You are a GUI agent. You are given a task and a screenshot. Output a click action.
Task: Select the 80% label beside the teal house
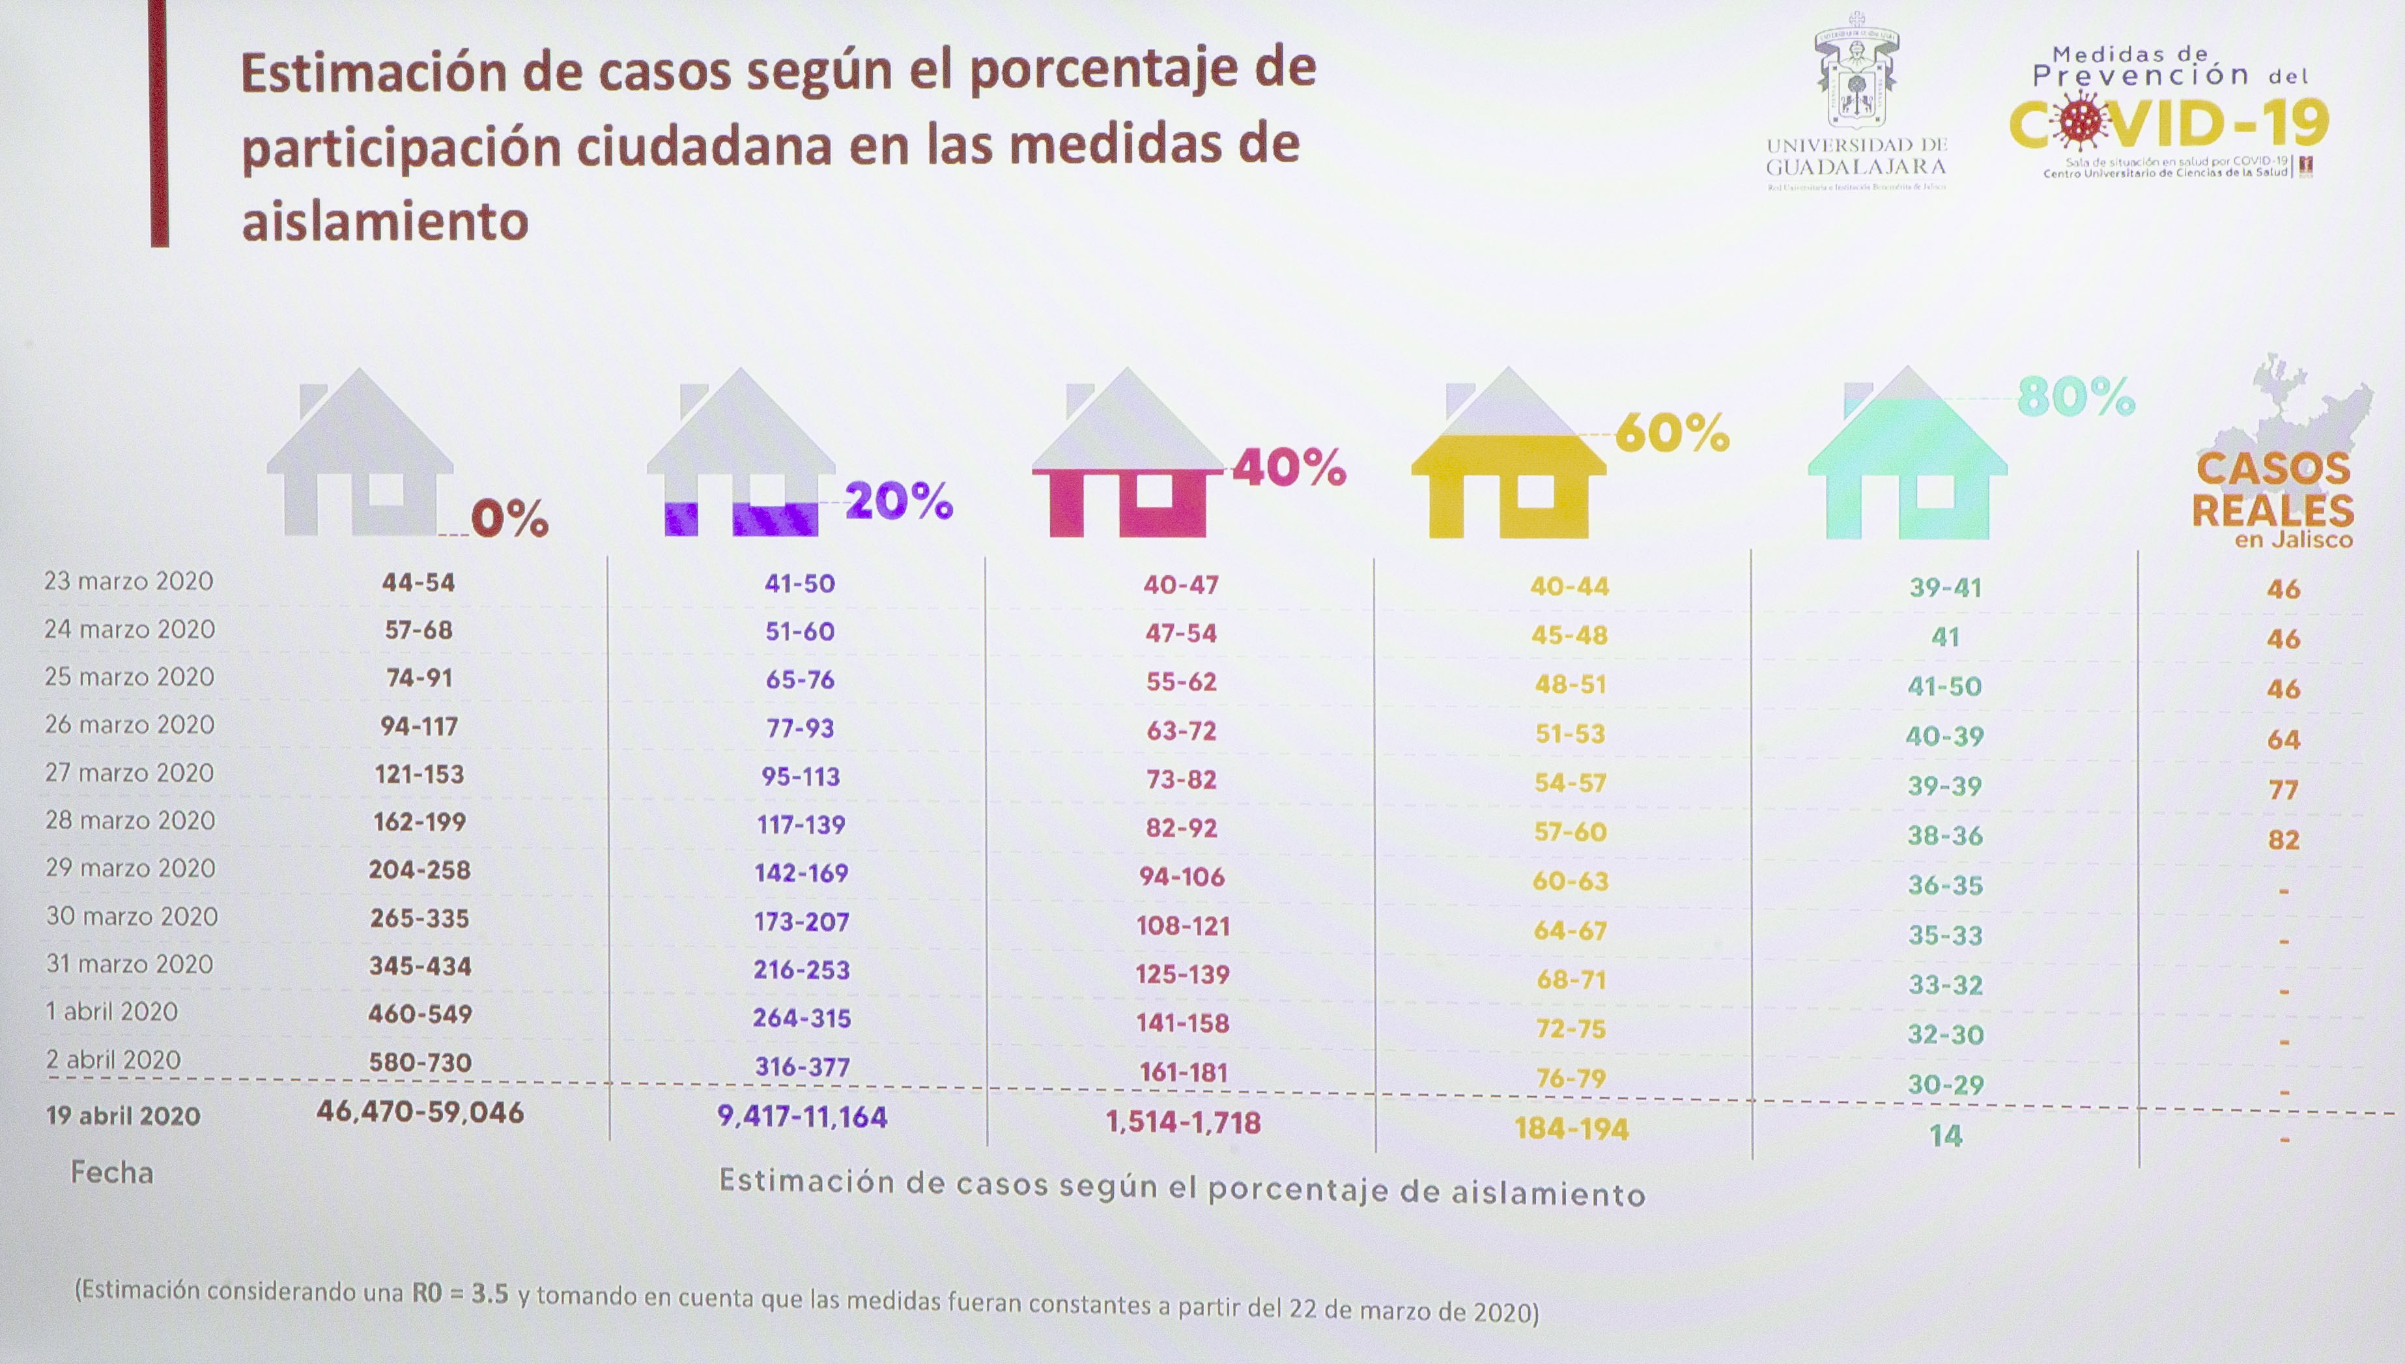[2075, 397]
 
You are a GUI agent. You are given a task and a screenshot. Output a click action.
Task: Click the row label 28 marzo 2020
[130, 821]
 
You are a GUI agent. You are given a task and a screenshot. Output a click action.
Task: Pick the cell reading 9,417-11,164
[802, 1116]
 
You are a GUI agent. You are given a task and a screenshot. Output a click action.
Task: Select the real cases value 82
[2283, 840]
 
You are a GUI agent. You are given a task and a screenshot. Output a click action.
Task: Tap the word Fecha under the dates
[111, 1173]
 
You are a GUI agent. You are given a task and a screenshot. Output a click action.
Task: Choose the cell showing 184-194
[1571, 1129]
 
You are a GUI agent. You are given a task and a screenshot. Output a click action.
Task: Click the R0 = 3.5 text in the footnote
[460, 1294]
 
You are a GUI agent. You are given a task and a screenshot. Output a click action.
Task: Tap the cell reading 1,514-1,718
[1183, 1122]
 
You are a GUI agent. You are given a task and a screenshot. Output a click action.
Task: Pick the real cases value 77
[2283, 789]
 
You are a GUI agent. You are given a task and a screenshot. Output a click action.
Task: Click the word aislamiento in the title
[385, 223]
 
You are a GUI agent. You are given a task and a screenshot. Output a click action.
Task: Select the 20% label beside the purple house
[899, 502]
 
